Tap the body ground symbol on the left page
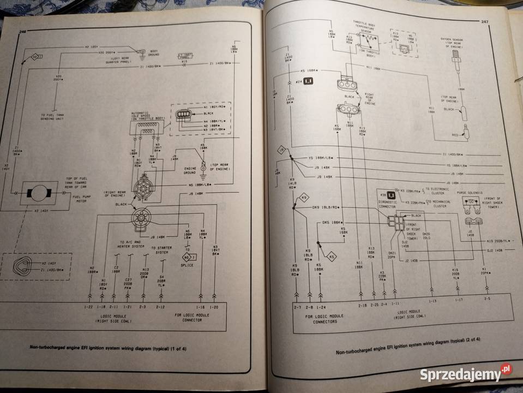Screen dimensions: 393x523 [143, 52]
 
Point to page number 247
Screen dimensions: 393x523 [484, 21]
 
